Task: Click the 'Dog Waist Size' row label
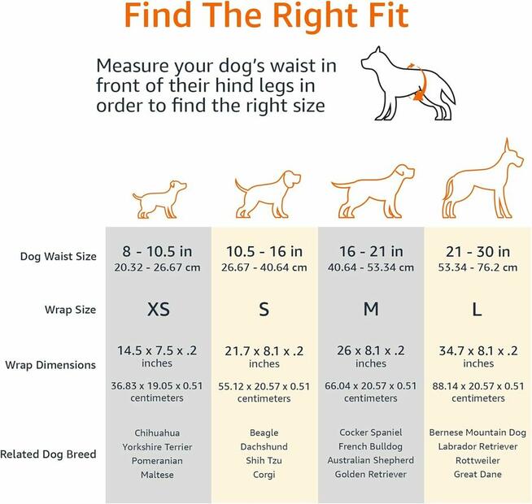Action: (59, 257)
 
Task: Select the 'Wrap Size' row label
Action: (70, 310)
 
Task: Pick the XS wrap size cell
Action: (158, 310)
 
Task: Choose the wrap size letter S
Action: (264, 310)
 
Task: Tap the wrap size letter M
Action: (371, 310)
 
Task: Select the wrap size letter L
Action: (477, 310)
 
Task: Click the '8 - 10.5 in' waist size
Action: (158, 252)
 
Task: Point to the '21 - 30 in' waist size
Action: (477, 252)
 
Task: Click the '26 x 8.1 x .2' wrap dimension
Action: (371, 350)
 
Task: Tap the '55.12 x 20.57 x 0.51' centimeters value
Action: (264, 386)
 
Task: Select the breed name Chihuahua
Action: (158, 433)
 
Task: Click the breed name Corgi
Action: (264, 475)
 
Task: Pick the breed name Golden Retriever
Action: (371, 475)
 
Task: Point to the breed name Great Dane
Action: (477, 475)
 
